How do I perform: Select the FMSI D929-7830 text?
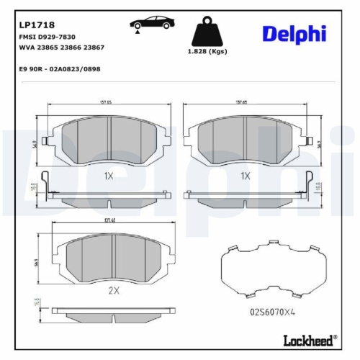pos(46,36)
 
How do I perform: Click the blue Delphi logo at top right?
pos(293,33)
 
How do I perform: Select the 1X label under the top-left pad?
pos(109,175)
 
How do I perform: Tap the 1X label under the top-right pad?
pos(246,175)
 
